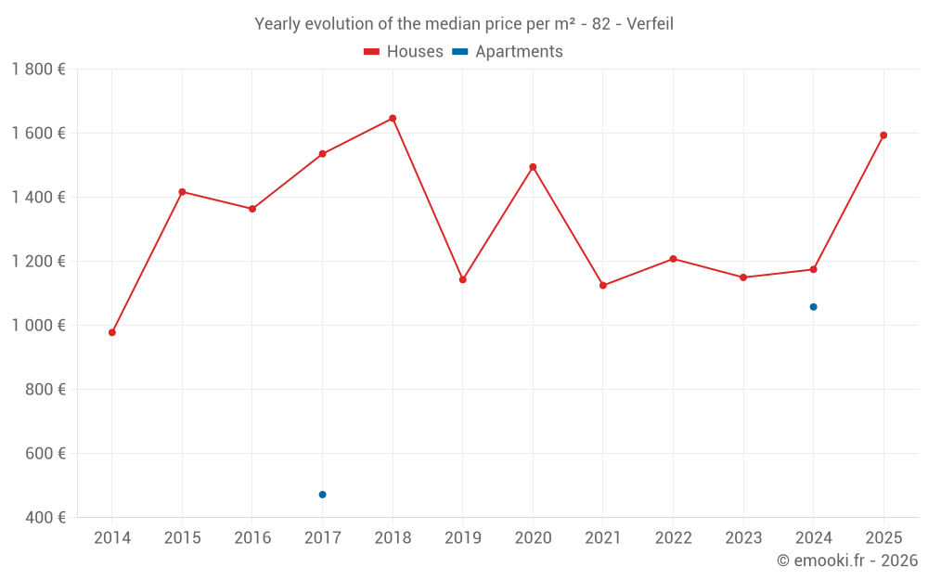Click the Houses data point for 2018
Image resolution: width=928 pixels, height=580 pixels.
[393, 119]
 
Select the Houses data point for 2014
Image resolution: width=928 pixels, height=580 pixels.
[112, 332]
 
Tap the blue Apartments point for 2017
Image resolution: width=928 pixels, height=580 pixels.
[322, 495]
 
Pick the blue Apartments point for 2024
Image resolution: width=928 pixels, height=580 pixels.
[813, 307]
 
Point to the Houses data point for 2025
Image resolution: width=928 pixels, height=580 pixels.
[883, 135]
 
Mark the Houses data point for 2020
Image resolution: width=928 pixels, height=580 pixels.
[533, 167]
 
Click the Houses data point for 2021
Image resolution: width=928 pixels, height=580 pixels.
[603, 286]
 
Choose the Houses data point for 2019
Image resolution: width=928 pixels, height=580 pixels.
[463, 279]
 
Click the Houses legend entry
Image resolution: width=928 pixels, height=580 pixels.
[404, 52]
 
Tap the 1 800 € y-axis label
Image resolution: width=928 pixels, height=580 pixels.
[38, 70]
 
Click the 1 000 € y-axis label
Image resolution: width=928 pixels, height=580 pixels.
[38, 326]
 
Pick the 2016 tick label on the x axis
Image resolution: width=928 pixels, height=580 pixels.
[252, 538]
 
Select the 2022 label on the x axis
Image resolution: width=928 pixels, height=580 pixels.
[673, 538]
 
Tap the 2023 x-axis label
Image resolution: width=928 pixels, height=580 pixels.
[743, 538]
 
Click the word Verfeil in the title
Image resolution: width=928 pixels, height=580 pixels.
[650, 24]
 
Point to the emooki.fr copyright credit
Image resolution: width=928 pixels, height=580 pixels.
[846, 561]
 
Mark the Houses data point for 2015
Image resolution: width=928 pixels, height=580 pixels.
[182, 192]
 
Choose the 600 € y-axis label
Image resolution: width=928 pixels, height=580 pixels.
[44, 454]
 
